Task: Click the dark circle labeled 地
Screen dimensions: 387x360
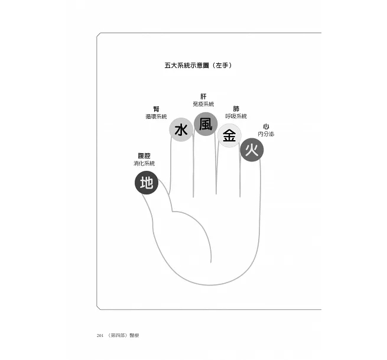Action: tap(147, 183)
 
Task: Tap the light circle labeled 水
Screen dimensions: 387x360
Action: tap(181, 129)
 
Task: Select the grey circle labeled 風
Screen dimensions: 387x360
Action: tap(206, 124)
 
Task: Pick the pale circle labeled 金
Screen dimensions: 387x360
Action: tap(229, 135)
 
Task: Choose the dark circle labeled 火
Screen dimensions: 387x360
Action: tap(252, 150)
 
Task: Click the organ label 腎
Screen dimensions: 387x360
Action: tap(156, 109)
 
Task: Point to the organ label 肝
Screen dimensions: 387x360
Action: tap(203, 96)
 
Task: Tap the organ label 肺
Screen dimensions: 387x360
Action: tap(236, 109)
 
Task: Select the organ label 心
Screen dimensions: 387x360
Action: tap(266, 127)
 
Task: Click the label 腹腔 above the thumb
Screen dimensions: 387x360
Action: tap(144, 156)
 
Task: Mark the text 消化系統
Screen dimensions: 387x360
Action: tap(144, 163)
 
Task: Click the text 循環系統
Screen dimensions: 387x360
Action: tap(156, 116)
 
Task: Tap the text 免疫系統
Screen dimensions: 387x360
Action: tap(203, 104)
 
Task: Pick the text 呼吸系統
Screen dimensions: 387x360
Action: tap(236, 116)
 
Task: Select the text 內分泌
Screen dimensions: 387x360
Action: tap(266, 134)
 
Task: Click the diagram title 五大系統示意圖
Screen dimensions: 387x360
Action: tap(187, 66)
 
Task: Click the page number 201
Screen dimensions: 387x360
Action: tap(100, 335)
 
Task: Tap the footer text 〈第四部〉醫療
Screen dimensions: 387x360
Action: tap(123, 335)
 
